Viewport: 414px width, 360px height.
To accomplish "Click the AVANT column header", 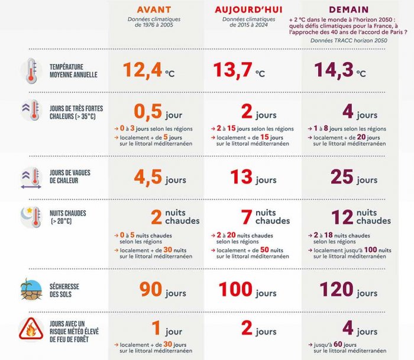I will [x=154, y=9].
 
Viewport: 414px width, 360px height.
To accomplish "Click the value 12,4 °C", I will [x=148, y=70].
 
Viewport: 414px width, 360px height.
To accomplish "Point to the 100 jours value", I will [x=248, y=291].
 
